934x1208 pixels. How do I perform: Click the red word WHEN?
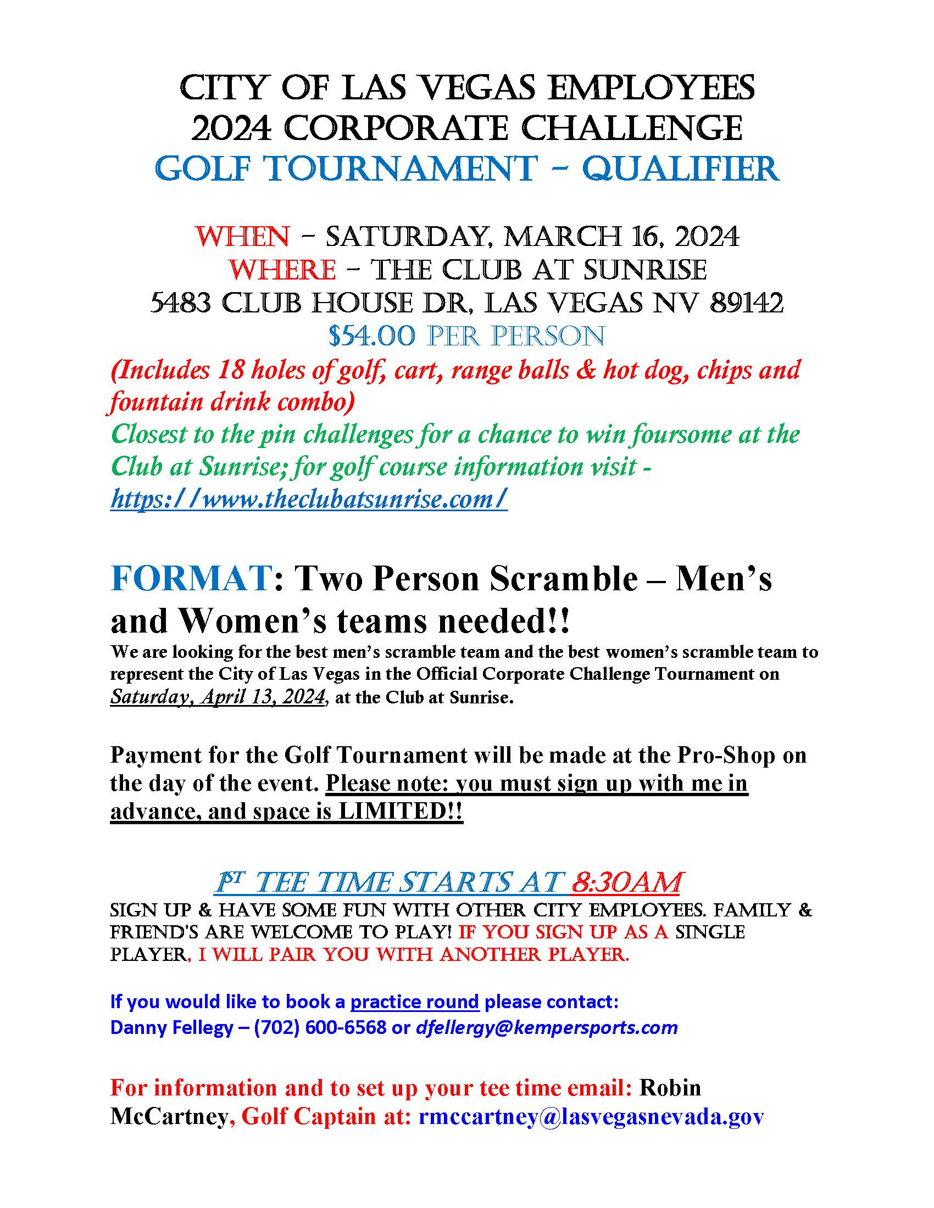coord(242,237)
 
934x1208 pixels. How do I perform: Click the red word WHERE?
coord(282,271)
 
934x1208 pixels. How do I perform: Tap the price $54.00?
coord(371,336)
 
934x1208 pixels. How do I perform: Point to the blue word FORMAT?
coord(190,580)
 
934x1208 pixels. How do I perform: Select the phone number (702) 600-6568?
coord(320,1027)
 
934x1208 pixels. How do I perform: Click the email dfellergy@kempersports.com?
coord(547,1027)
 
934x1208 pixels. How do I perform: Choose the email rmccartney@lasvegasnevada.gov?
coord(591,1116)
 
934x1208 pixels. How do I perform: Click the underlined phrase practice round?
coord(414,1002)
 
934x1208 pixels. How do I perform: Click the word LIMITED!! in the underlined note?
coord(400,811)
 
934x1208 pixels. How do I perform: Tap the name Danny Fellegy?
coord(171,1027)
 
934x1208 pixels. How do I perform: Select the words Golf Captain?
coord(308,1116)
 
